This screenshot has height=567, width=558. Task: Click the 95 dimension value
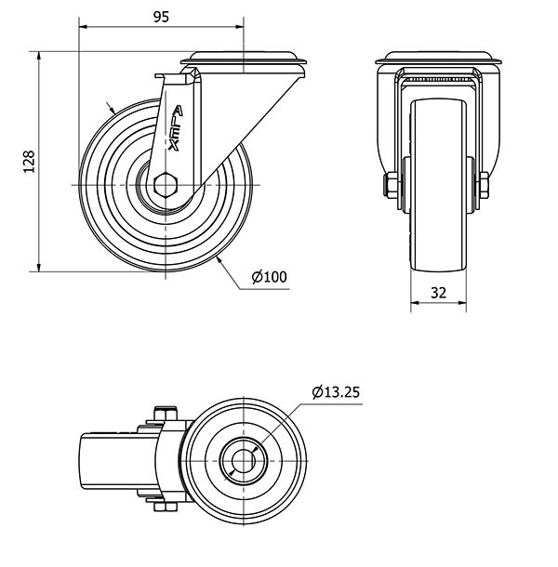(x=161, y=17)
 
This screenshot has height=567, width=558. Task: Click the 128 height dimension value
(x=29, y=162)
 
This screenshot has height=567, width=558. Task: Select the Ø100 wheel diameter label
(x=269, y=277)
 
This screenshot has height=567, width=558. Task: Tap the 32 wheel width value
(x=439, y=293)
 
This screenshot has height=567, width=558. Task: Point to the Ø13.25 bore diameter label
(x=336, y=392)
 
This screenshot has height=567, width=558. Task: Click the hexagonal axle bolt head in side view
(x=166, y=185)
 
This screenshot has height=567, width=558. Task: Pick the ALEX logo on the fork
(x=176, y=128)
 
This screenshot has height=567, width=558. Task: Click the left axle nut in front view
(x=392, y=185)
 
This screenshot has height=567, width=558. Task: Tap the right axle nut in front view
(x=485, y=185)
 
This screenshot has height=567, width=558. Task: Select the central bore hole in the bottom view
(x=243, y=461)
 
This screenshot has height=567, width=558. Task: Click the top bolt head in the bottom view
(x=166, y=414)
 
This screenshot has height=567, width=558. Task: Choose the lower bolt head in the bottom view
(x=166, y=507)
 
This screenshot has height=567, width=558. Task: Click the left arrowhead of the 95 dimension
(x=83, y=26)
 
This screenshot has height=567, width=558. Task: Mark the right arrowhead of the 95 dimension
(x=240, y=26)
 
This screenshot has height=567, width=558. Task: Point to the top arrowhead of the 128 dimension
(x=39, y=56)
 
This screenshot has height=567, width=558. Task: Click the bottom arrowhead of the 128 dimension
(x=39, y=267)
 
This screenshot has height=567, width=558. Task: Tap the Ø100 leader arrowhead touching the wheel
(x=219, y=259)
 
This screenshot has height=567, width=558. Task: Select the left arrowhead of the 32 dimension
(x=415, y=302)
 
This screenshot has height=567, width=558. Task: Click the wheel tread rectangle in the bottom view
(x=119, y=461)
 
